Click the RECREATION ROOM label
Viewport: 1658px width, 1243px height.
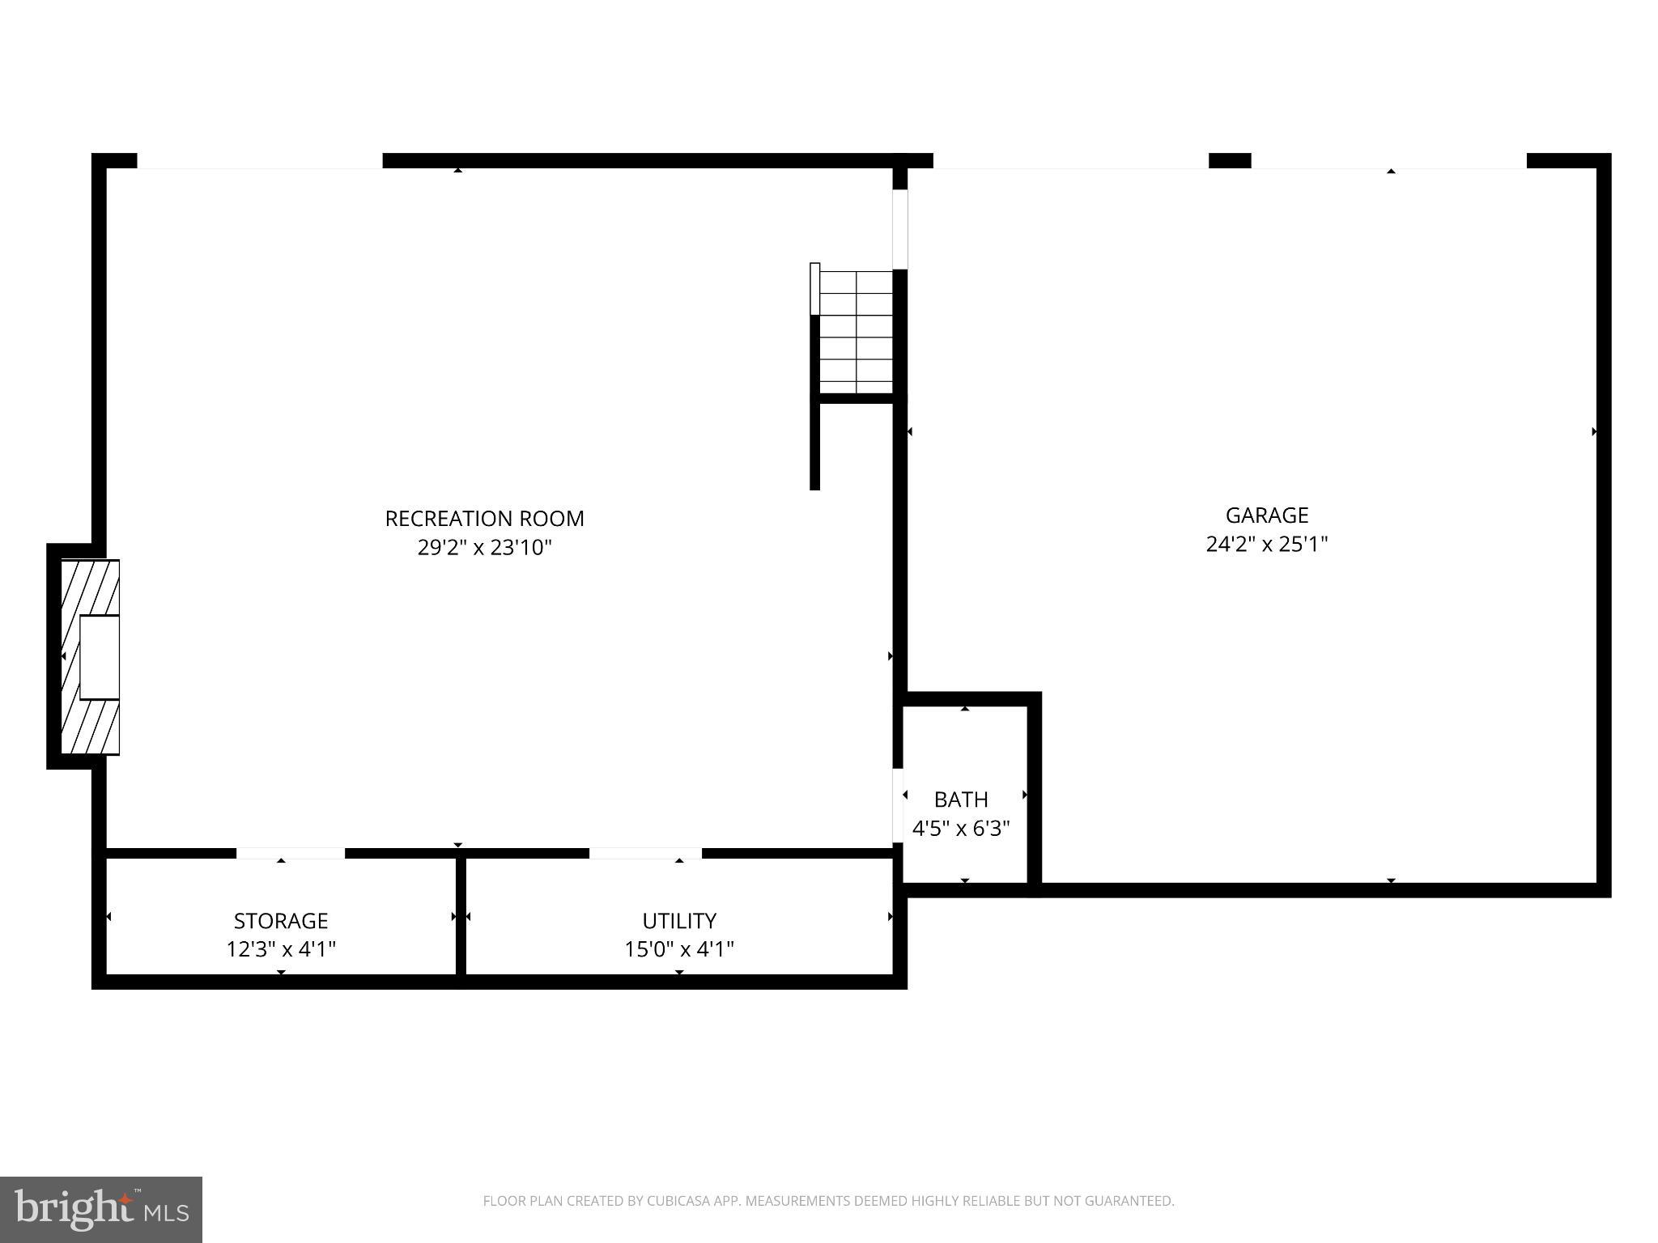coord(484,519)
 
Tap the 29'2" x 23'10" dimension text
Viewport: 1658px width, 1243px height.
coord(484,548)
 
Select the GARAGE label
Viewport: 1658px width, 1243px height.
coord(1267,515)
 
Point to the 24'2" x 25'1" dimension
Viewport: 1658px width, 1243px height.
coord(1267,544)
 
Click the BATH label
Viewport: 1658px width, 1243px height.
coord(961,800)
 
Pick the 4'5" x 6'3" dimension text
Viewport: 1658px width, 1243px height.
coord(961,829)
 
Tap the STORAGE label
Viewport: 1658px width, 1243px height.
coord(281,921)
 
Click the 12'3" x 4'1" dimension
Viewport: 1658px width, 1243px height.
coord(281,949)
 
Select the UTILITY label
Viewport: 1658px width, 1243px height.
coord(679,921)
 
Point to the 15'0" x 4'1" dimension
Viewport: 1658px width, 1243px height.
coord(679,949)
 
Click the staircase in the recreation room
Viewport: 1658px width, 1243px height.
coord(856,332)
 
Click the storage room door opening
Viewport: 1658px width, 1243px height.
coord(291,853)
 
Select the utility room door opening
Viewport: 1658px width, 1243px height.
coord(645,853)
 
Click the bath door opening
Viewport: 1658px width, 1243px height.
coord(898,804)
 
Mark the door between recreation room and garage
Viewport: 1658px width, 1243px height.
coord(899,229)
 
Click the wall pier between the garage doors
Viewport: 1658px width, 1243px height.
coord(1230,160)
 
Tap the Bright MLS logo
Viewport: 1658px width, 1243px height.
coord(101,1209)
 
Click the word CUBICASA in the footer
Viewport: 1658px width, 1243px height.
coord(678,1201)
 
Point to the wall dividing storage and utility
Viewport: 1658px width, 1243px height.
coord(461,916)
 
